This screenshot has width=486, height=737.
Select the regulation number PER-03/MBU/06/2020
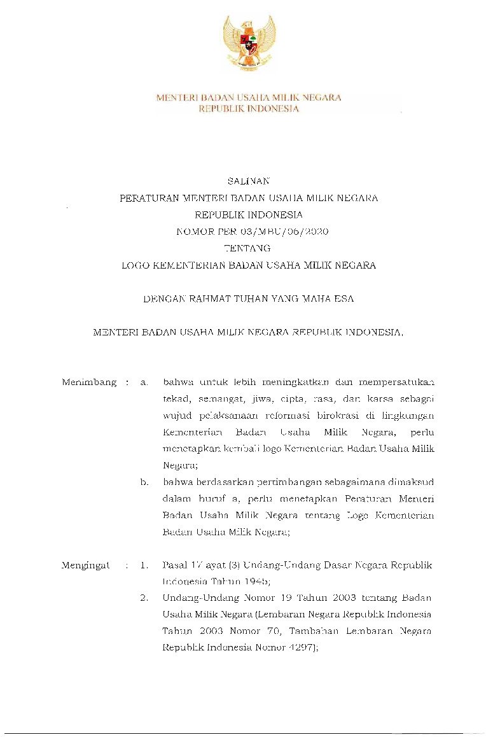(270, 231)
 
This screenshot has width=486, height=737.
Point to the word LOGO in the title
(136, 265)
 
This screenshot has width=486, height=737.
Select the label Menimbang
(89, 383)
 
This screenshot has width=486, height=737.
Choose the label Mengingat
(85, 565)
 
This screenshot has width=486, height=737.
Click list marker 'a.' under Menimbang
(144, 383)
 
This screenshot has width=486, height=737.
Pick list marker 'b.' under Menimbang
(144, 482)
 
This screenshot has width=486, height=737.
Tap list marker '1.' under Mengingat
(144, 565)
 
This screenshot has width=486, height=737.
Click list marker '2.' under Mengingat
(144, 598)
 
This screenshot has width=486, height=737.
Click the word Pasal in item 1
(174, 565)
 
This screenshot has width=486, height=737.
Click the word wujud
(176, 416)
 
